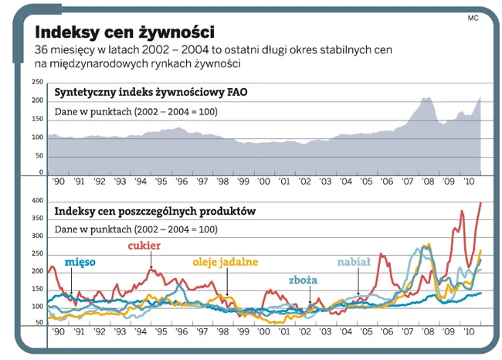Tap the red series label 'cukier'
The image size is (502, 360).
(144, 246)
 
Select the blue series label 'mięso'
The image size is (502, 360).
(81, 262)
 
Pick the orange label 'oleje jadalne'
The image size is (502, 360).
(226, 263)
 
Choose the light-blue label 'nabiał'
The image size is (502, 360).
(355, 262)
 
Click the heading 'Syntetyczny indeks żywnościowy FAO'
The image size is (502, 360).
(151, 93)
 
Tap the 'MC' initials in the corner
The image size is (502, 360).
(472, 17)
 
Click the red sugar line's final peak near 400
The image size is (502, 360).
(480, 203)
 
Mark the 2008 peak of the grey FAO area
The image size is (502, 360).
(426, 97)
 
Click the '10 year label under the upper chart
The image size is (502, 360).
(468, 182)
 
